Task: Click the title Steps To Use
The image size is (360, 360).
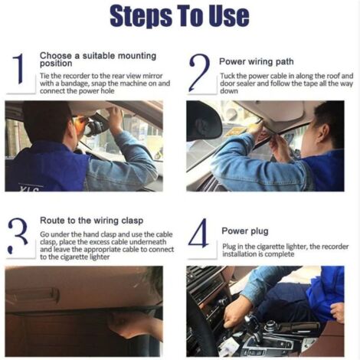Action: click(x=179, y=16)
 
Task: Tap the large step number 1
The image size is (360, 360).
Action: click(x=18, y=68)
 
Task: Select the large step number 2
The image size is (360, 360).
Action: click(x=200, y=73)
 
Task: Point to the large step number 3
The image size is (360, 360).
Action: click(x=18, y=235)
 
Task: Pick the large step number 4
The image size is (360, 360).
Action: click(x=198, y=233)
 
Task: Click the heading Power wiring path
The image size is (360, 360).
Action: click(x=257, y=61)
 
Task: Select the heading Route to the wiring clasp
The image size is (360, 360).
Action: click(x=91, y=221)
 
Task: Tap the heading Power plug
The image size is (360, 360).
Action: click(x=245, y=231)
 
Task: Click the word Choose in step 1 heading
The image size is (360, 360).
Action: click(x=56, y=56)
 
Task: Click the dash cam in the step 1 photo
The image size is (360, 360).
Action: click(x=94, y=128)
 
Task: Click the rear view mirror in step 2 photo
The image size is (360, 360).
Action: click(x=204, y=122)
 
